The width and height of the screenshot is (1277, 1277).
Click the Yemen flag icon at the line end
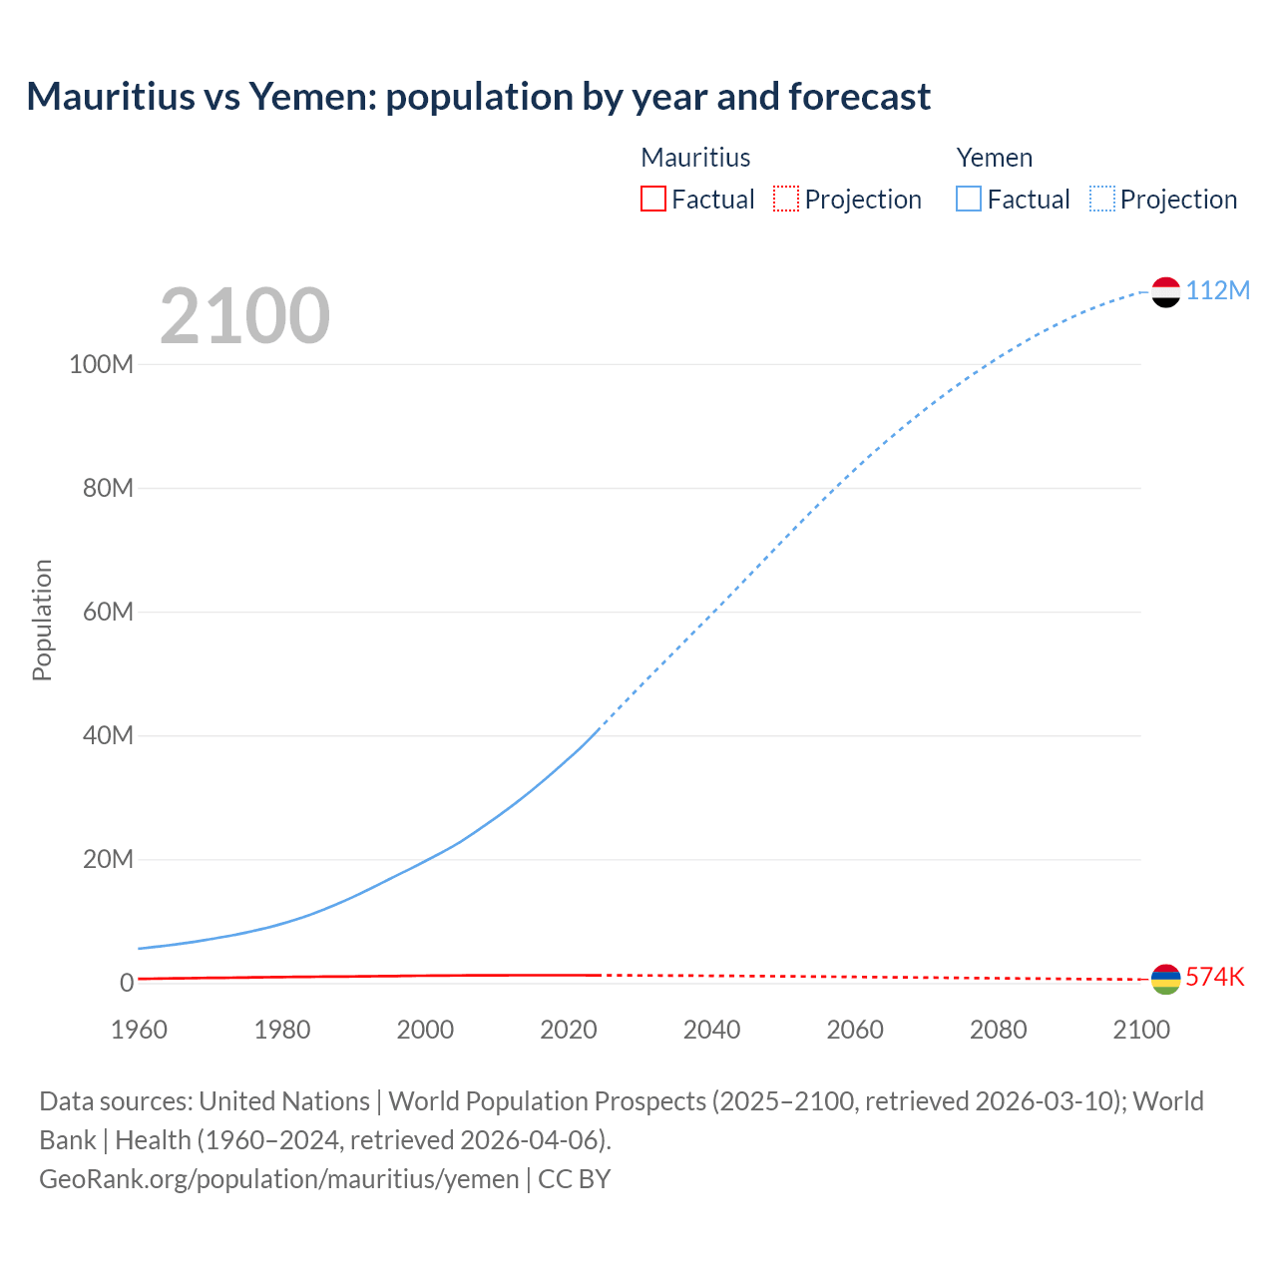click(x=1165, y=292)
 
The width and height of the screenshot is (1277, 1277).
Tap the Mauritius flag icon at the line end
click(x=1165, y=979)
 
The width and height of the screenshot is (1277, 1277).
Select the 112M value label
click(x=1217, y=290)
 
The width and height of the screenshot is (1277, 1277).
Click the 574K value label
click(x=1214, y=977)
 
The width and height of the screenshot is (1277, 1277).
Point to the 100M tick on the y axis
click(x=101, y=364)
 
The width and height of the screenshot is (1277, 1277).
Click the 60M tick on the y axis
click(x=108, y=612)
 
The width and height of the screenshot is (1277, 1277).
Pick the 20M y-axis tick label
click(x=108, y=859)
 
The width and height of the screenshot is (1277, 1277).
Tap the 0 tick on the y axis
click(x=126, y=983)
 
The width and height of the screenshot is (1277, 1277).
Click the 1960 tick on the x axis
click(x=139, y=1030)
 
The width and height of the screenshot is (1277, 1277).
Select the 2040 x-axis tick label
click(x=711, y=1030)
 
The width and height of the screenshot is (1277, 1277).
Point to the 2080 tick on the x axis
click(x=998, y=1030)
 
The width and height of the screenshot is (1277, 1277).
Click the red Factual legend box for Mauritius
click(x=652, y=199)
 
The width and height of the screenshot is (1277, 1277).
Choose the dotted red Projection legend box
click(x=786, y=199)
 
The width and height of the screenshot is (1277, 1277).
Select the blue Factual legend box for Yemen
click(x=968, y=199)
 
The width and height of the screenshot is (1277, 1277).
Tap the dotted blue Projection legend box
click(x=1101, y=199)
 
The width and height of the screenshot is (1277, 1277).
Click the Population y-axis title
click(x=42, y=620)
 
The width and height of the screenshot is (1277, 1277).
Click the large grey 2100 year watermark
click(x=244, y=315)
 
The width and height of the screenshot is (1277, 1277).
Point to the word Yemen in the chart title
click(x=311, y=97)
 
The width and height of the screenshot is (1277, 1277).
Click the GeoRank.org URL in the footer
click(x=278, y=1178)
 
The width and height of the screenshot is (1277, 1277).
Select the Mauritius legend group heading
click(x=695, y=158)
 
